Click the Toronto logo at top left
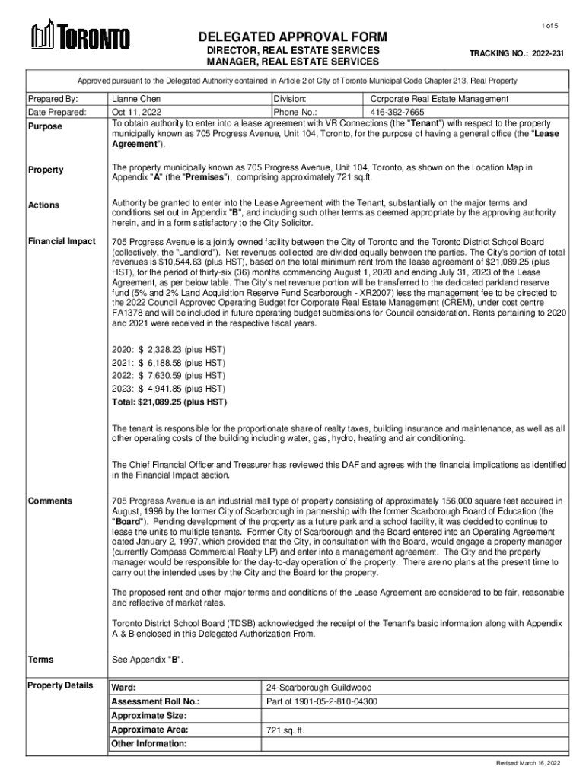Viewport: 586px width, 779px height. coord(80,36)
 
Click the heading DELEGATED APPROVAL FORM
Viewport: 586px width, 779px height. coord(293,37)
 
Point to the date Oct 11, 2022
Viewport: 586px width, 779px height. coord(135,112)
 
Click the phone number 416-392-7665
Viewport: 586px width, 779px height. coord(399,112)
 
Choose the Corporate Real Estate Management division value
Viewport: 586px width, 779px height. coord(439,99)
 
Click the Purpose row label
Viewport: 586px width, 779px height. coord(45,126)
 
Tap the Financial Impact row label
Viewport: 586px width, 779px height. coord(62,241)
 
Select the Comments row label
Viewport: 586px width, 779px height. coord(50,501)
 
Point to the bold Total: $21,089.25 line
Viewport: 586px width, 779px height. coord(169,402)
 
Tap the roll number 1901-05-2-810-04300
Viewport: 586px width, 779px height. coord(322,701)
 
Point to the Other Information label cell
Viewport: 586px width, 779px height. coord(149,743)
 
